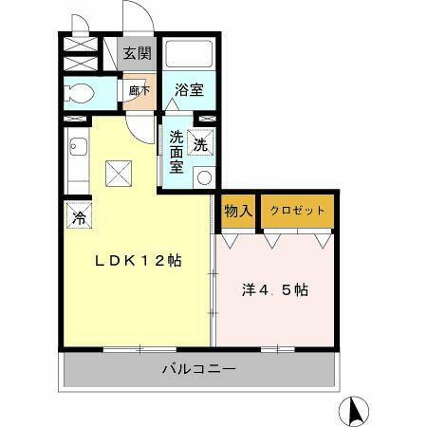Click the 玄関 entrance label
pos(138,52)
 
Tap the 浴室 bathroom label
pos(189,91)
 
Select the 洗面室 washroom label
pos(176,151)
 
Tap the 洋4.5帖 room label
pos(274,288)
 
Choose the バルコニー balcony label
pos(198,369)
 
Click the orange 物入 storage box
pos(237,211)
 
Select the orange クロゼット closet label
pos(297,211)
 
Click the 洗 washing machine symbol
pos(200,144)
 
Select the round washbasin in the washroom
pos(201,176)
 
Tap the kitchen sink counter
pos(78,161)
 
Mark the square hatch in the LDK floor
pos(119,173)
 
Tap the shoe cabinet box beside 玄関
pos(80,52)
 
